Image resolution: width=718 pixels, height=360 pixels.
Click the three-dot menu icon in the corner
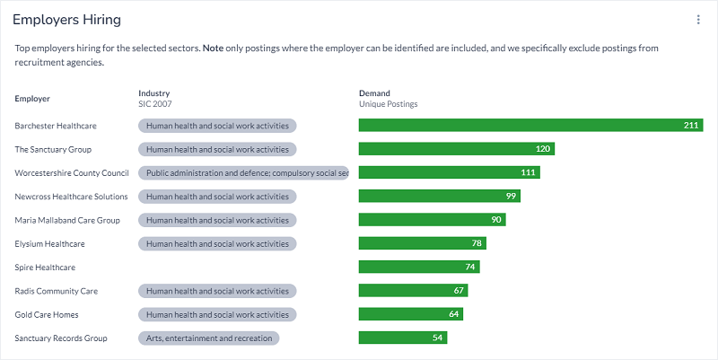(x=698, y=20)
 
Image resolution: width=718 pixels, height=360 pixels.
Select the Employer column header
(x=32, y=98)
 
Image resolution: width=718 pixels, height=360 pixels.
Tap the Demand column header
(x=374, y=92)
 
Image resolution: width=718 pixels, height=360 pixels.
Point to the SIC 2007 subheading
(x=154, y=104)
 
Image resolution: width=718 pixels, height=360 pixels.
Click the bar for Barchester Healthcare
(x=530, y=126)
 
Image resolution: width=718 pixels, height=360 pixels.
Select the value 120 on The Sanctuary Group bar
(x=542, y=149)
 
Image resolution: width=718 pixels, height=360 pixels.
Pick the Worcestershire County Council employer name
(x=72, y=172)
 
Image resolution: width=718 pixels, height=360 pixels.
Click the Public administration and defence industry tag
(x=243, y=172)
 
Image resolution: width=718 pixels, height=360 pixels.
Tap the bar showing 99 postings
(x=439, y=196)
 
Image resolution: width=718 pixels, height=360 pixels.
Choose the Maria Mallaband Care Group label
(x=67, y=220)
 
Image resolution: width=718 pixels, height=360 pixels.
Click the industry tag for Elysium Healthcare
(x=217, y=243)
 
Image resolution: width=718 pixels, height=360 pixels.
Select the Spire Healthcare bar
(x=419, y=267)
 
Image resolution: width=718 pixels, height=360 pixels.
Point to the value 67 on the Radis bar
(x=458, y=291)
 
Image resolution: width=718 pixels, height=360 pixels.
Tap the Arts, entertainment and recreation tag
(x=209, y=338)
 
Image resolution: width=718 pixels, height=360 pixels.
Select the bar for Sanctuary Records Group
(x=402, y=338)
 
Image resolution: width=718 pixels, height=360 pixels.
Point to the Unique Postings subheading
(x=388, y=104)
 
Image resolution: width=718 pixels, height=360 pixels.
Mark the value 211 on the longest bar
(x=690, y=126)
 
